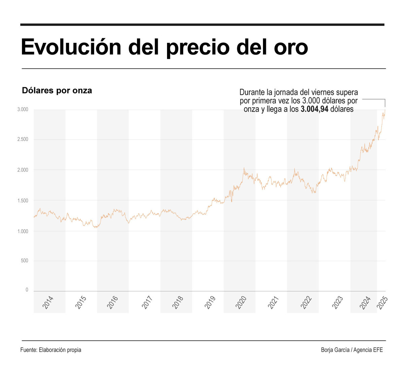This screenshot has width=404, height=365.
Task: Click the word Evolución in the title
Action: tap(71, 47)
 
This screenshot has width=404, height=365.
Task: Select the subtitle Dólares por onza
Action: tap(57, 91)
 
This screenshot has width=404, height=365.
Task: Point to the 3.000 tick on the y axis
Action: tap(23, 110)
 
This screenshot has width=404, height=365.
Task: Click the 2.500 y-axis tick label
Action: tap(23, 140)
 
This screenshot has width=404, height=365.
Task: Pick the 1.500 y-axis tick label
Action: tap(23, 201)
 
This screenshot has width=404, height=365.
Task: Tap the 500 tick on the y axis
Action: tap(24, 261)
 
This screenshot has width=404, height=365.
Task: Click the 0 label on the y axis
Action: tap(27, 290)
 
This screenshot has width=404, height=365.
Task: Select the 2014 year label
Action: tap(48, 302)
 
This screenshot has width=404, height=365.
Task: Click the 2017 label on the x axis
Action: tap(147, 302)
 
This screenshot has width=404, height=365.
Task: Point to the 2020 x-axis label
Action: tap(241, 302)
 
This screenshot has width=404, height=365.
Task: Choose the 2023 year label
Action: tap(338, 302)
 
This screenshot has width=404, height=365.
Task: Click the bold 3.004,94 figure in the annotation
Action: tap(314, 109)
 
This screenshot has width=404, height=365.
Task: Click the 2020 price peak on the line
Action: tap(244, 168)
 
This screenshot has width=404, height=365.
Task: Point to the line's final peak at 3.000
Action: tap(385, 110)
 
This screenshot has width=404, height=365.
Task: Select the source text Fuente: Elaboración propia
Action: tap(51, 350)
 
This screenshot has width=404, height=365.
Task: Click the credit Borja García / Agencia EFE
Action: tap(352, 350)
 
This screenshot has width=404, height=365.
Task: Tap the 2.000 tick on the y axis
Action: tap(23, 170)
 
